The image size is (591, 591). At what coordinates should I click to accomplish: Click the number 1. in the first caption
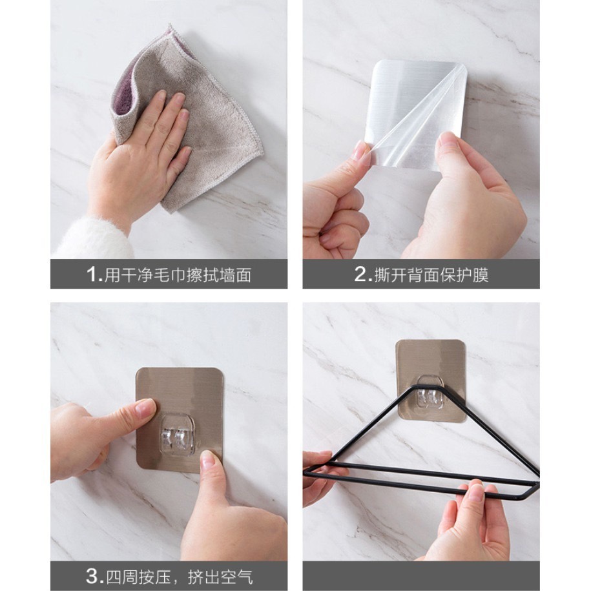pos(94,274)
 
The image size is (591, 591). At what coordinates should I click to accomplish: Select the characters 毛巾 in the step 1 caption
pos(170,275)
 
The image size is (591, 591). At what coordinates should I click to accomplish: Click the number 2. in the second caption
pos(362,274)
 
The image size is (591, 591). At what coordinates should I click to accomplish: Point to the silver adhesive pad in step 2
pos(415,113)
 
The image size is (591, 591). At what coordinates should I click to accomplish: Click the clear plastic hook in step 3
pos(177,435)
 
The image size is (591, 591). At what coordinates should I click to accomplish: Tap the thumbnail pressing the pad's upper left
pos(145,408)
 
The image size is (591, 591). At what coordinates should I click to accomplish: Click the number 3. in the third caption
pos(94,576)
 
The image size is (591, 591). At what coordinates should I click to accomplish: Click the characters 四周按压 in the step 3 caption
pos(138,577)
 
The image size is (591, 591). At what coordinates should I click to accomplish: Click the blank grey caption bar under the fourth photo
pos(421,576)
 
